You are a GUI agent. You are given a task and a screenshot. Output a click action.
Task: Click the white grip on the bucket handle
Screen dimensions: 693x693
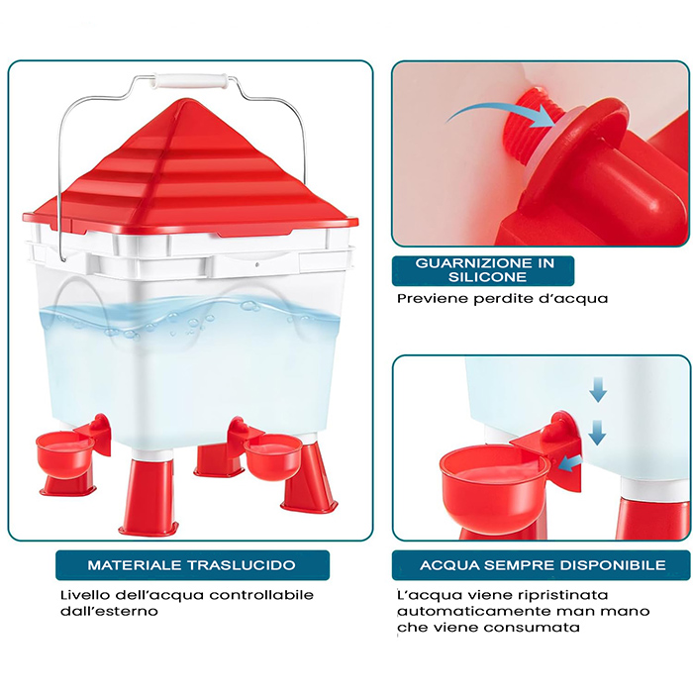pyautogui.click(x=191, y=81)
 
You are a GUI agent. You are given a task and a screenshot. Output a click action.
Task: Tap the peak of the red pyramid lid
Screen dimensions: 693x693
pyautogui.click(x=186, y=100)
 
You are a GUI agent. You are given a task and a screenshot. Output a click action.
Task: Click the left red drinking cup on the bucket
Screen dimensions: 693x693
pyautogui.click(x=65, y=454)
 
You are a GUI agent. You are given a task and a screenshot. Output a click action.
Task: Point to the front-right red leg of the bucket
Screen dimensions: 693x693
pyautogui.click(x=309, y=479)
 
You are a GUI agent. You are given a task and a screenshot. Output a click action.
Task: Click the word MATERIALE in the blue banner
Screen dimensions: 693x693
pyautogui.click(x=135, y=565)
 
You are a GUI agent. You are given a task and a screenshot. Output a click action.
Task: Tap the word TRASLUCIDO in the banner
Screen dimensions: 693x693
pyautogui.click(x=242, y=565)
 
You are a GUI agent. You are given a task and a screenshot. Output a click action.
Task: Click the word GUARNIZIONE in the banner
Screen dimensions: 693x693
pyautogui.click(x=470, y=263)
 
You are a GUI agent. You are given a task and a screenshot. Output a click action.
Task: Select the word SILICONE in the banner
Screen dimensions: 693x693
pyautogui.click(x=487, y=277)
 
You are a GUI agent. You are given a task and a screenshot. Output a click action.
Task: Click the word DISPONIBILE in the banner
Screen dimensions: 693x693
pyautogui.click(x=613, y=565)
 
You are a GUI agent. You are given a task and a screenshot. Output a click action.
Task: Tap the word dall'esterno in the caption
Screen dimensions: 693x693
pyautogui.click(x=109, y=611)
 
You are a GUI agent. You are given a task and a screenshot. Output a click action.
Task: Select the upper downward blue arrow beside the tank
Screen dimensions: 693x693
pyautogui.click(x=598, y=389)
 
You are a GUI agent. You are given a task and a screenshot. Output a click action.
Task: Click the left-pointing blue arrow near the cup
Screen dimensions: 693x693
pyautogui.click(x=569, y=463)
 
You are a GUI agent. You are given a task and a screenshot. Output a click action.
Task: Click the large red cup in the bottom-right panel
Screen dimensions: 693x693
pyautogui.click(x=494, y=486)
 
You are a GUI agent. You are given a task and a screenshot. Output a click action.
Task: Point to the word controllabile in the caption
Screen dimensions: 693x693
pyautogui.click(x=261, y=595)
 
